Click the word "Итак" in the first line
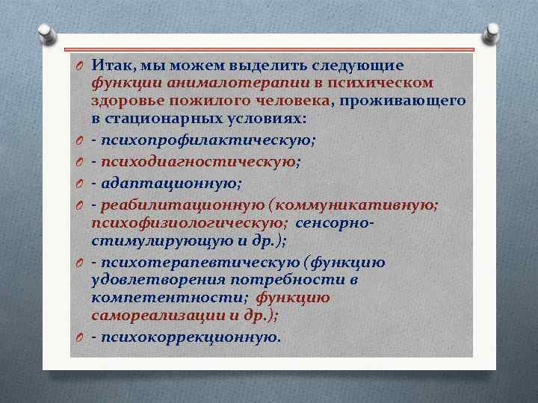coord(111,66)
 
